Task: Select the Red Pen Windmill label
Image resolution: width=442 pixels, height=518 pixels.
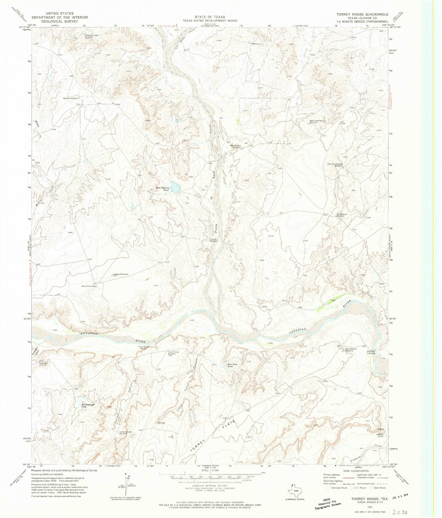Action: click(x=71, y=98)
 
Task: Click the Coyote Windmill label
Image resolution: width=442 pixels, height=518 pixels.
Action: click(x=214, y=240)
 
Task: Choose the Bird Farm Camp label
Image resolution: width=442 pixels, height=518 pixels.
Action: click(x=89, y=286)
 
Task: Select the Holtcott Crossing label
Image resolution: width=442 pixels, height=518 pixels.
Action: click(x=371, y=352)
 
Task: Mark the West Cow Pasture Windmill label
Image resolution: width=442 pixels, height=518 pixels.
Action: click(x=315, y=122)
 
